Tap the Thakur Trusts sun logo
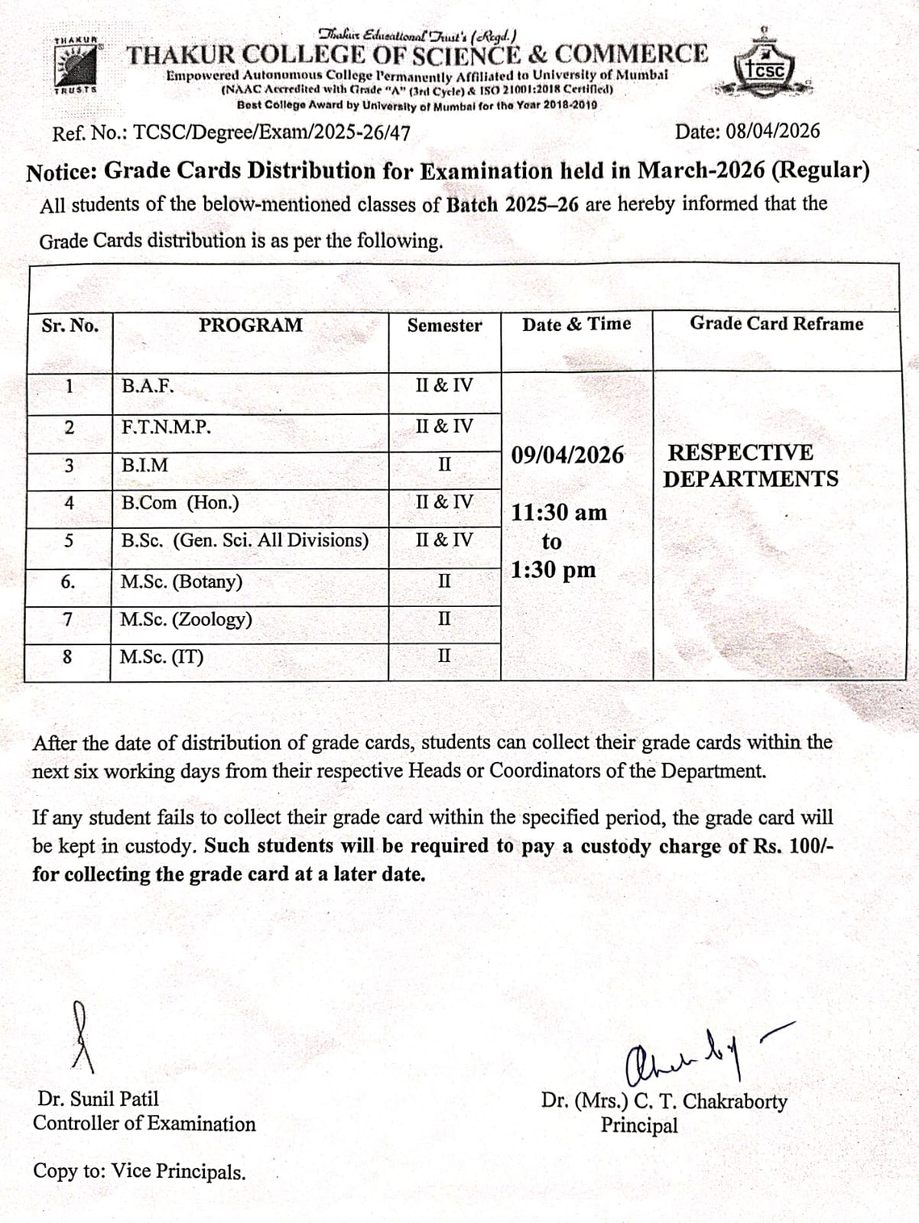coord(76,66)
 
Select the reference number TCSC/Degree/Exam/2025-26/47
coord(271,133)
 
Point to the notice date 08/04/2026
coord(772,131)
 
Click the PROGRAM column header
coord(251,325)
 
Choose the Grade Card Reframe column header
coord(776,323)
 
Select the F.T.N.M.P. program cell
coord(166,427)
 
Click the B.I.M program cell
coord(145,466)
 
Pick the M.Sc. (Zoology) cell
coord(186,619)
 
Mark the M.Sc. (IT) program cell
coord(162,657)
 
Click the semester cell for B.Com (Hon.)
coord(444,502)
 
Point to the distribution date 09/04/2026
coord(567,456)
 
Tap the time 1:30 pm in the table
coord(553,570)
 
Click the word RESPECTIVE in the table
coord(740,453)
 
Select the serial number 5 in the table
coord(69,541)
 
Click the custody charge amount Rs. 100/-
coord(799,847)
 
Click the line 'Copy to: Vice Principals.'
coord(139,1172)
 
